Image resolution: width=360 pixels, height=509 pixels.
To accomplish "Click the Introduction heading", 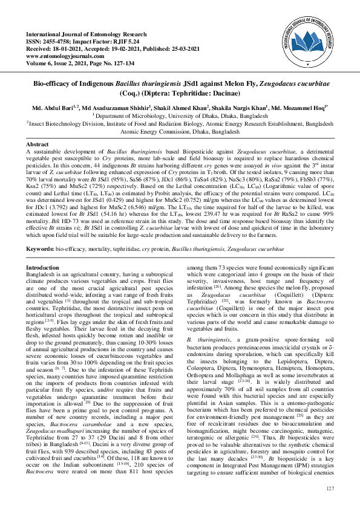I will coord(45,267).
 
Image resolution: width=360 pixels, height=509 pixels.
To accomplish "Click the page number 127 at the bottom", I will coord(330,488).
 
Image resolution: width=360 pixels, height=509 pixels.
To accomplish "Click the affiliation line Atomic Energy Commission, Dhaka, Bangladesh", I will coord(180,131).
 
